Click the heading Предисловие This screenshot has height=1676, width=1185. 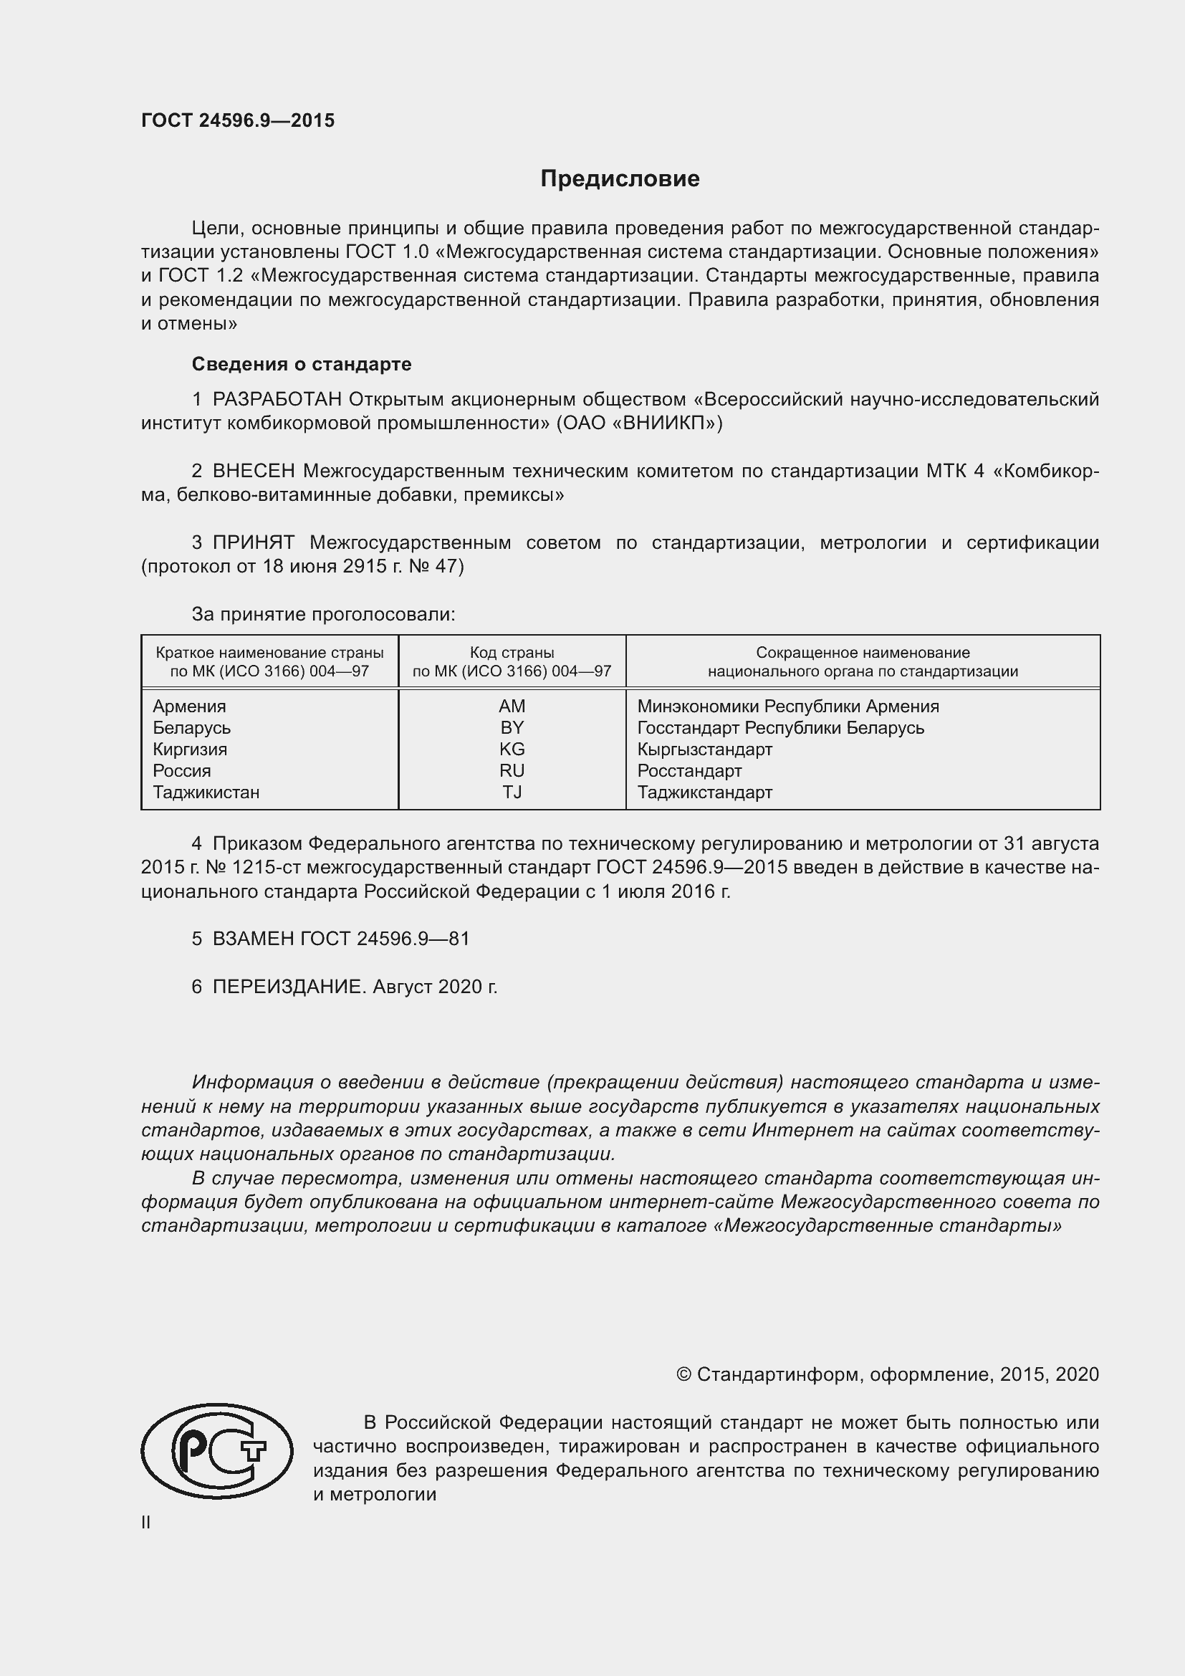click(x=620, y=179)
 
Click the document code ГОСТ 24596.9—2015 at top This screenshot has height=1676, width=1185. click(x=238, y=120)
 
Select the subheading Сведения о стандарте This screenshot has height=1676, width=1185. click(x=302, y=363)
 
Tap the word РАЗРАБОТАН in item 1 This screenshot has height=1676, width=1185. click(x=277, y=399)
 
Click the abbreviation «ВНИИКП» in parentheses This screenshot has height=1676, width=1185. click(x=667, y=423)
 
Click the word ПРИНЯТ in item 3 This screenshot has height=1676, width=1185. click(x=253, y=542)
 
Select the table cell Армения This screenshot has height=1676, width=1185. click(x=189, y=706)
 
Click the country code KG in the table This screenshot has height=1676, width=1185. click(x=512, y=749)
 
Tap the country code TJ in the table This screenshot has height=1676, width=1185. click(x=512, y=792)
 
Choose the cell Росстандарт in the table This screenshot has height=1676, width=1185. click(x=689, y=771)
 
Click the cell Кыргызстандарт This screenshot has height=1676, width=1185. click(x=704, y=749)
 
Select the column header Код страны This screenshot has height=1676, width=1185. click(x=512, y=653)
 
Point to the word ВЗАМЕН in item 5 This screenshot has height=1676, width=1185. click(x=253, y=939)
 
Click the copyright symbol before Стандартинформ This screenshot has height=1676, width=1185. click(x=683, y=1374)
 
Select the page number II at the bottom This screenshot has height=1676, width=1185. click(x=146, y=1522)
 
